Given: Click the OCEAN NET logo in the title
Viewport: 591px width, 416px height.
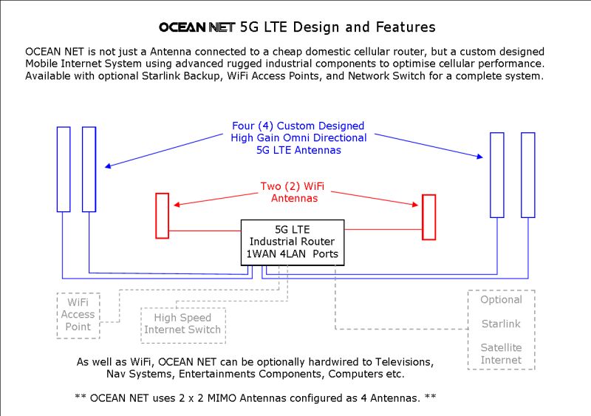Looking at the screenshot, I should point(197,28).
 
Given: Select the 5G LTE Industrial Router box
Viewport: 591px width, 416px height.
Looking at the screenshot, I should point(293,242).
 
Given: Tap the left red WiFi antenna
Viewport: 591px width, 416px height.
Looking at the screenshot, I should point(162,216).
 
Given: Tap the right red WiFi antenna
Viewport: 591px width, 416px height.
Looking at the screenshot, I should point(428,217).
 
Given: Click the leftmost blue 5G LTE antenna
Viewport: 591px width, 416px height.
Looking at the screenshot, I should point(64,169).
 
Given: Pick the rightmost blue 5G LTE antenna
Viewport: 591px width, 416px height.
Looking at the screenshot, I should point(527,175).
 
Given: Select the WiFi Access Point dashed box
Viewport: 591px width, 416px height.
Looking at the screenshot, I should point(78,315).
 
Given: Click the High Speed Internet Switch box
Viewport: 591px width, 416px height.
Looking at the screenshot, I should point(182,324).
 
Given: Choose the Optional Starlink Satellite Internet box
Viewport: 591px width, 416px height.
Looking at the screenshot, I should point(501,330).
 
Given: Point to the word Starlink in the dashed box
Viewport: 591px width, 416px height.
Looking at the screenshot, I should point(501,324).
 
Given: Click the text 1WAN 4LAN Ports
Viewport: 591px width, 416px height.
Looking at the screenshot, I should point(293,254).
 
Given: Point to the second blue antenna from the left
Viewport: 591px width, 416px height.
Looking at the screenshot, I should point(89,169).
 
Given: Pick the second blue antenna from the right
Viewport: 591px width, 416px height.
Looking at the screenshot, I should point(496,175).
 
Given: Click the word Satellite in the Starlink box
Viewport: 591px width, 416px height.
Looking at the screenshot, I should point(501,347).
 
